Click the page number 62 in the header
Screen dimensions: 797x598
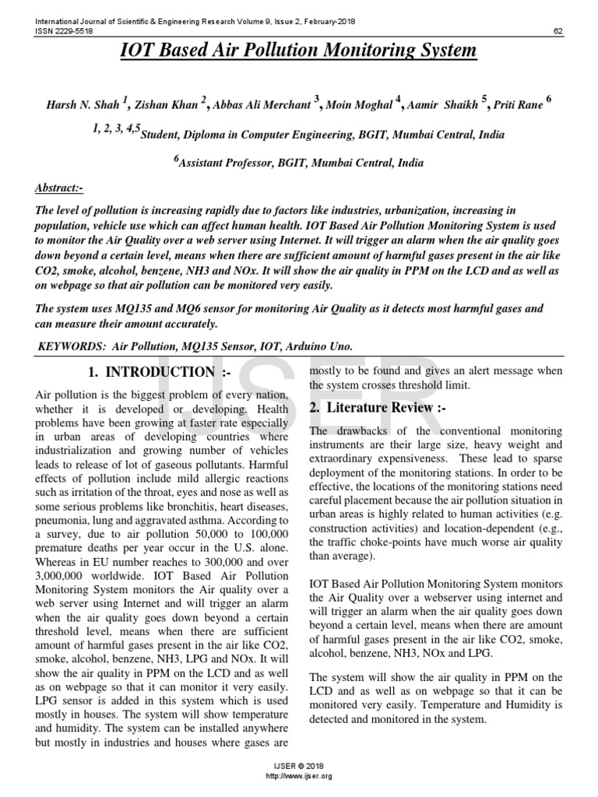point(558,32)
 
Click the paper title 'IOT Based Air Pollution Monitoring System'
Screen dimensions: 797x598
point(298,51)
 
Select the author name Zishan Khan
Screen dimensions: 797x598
point(167,104)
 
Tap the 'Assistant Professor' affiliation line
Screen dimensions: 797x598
point(299,163)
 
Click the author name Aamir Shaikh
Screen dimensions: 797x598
point(443,104)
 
